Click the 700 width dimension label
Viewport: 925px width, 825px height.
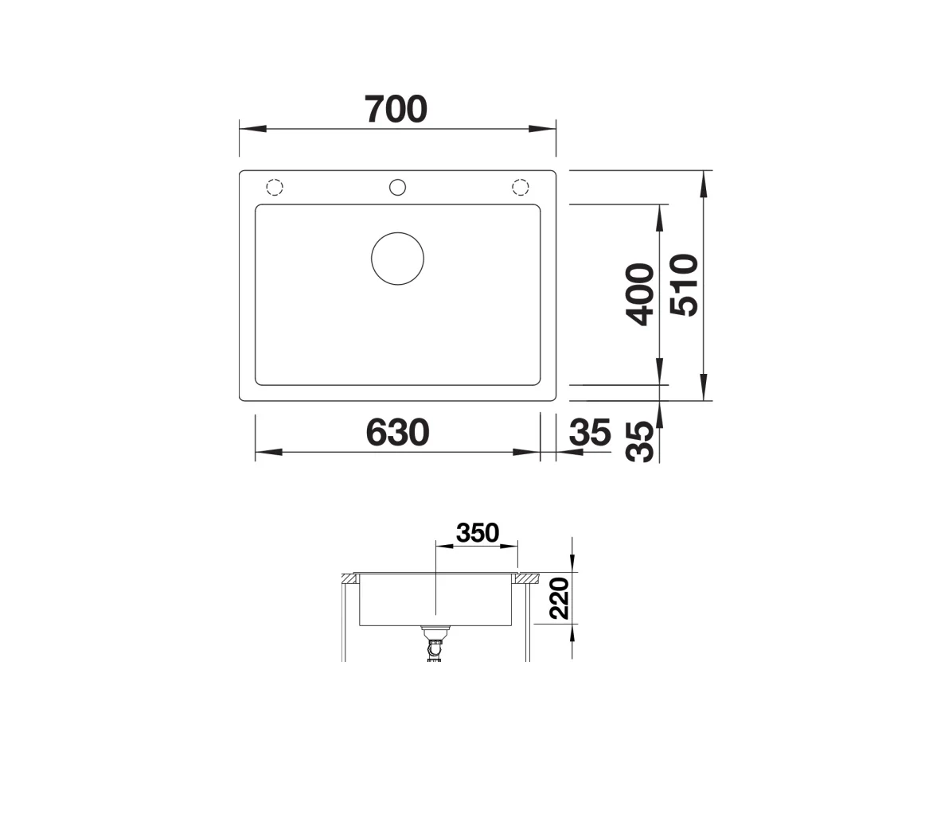click(396, 110)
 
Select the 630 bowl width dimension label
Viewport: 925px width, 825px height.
click(397, 433)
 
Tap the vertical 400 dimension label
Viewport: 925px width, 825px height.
click(641, 294)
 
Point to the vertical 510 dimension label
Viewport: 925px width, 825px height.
click(684, 285)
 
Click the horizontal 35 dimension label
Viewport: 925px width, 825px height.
click(590, 433)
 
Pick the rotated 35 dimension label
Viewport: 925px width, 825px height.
click(641, 442)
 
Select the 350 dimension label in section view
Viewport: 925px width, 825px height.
click(477, 533)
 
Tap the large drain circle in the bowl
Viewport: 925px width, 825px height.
click(397, 258)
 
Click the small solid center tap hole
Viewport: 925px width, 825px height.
click(397, 188)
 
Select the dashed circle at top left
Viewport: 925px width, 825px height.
click(274, 188)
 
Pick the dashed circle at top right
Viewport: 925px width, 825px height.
click(520, 188)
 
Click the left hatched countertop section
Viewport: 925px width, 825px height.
click(349, 578)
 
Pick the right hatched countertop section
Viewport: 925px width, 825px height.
click(526, 578)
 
